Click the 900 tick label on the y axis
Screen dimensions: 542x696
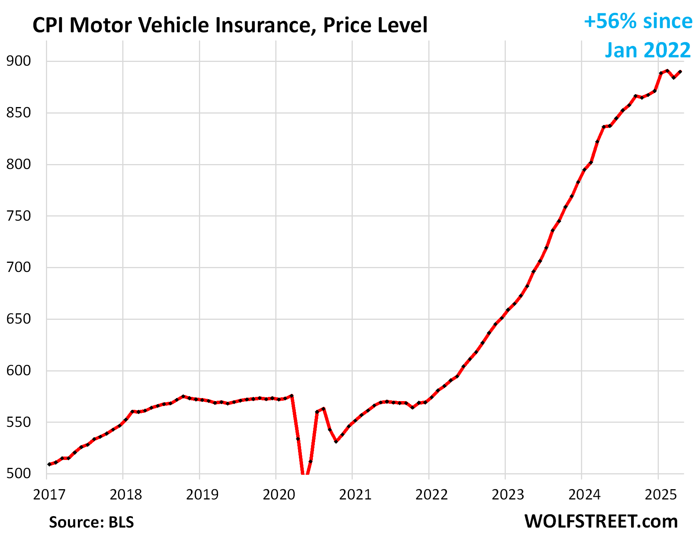point(18,61)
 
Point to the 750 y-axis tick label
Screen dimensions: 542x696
point(18,216)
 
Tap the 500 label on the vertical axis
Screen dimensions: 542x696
point(18,474)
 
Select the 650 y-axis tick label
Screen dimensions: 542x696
point(18,319)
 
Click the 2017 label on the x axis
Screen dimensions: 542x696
point(49,495)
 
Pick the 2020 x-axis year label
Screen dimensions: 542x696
point(279,495)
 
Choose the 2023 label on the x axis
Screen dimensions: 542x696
point(508,495)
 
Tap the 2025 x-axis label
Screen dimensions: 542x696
point(661,495)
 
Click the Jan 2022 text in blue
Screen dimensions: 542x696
point(648,50)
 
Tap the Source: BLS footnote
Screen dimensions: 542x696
point(91,522)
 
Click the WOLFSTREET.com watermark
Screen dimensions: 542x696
point(601,521)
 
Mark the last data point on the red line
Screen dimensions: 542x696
point(680,71)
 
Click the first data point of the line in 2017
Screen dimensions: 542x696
point(49,464)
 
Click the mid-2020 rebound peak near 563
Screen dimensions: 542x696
point(323,409)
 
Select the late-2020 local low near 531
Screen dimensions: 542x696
point(336,441)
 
